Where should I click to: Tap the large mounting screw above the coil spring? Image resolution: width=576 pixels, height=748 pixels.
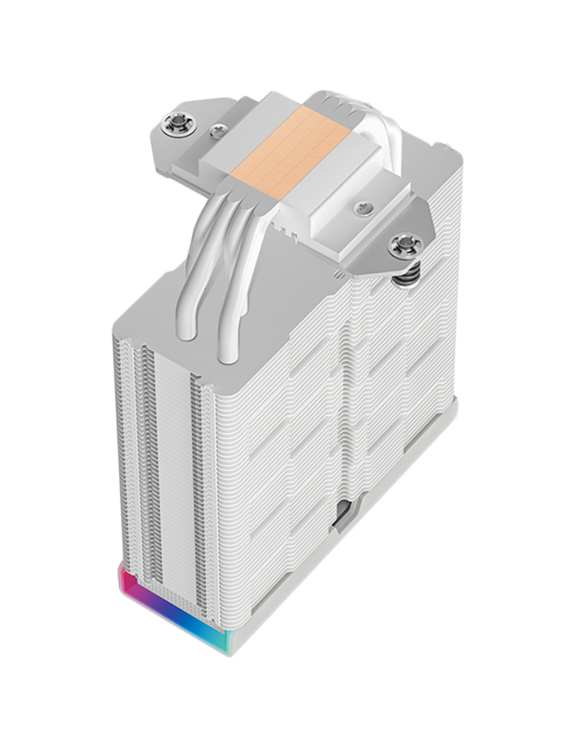pyautogui.click(x=400, y=244)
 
